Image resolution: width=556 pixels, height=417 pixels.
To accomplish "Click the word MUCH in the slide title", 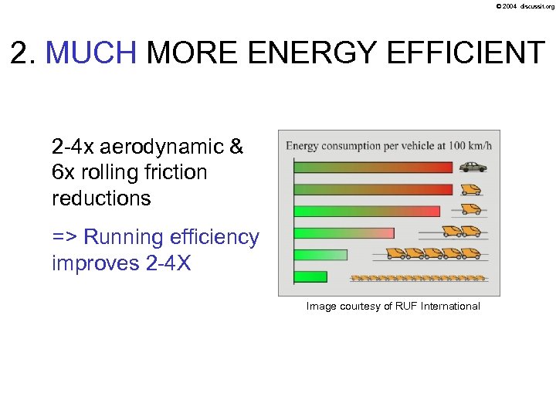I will coord(91,53).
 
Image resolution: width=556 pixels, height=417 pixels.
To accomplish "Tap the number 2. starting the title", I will coord(24,53).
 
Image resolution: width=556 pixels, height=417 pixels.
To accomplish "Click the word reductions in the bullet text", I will coord(101,198).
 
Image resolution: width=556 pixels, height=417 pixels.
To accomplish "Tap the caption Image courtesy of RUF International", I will coord(393,307).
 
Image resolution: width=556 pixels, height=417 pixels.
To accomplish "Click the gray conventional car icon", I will coord(473,167).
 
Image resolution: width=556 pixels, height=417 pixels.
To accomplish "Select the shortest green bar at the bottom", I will coord(310,276).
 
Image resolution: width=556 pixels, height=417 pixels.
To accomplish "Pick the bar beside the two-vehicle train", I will coord(344,232).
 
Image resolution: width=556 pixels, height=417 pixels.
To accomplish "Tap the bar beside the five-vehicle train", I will coord(320,255).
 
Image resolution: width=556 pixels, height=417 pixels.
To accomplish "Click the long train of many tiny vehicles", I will coord(418,277).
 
